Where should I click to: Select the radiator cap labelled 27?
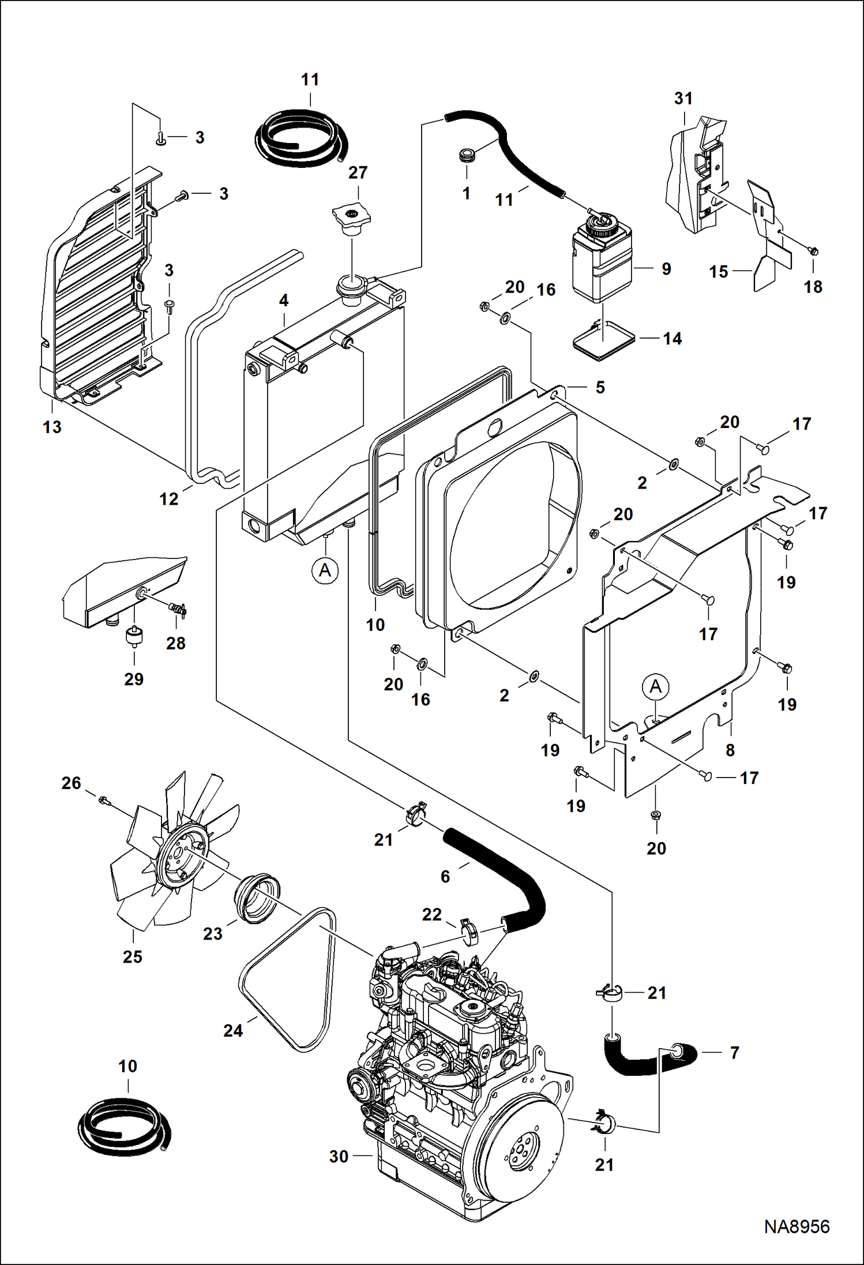(x=351, y=219)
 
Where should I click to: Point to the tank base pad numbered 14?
(x=603, y=341)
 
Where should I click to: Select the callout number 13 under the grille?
(x=52, y=427)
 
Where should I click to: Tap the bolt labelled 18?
(x=813, y=251)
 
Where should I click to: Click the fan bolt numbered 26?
(x=104, y=799)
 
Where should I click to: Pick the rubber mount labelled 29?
(x=134, y=637)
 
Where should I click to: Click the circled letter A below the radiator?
(x=325, y=570)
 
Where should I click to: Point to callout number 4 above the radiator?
(x=284, y=301)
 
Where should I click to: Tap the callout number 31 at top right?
(x=683, y=99)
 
